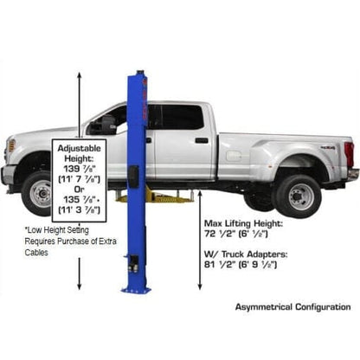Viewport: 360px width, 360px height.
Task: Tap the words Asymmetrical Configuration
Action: pyautogui.click(x=292, y=306)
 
